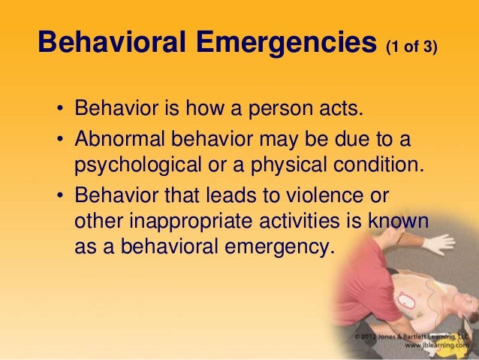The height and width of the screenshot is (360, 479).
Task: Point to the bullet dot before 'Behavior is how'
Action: [x=61, y=113]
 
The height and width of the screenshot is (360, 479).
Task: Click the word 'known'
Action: [x=403, y=222]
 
